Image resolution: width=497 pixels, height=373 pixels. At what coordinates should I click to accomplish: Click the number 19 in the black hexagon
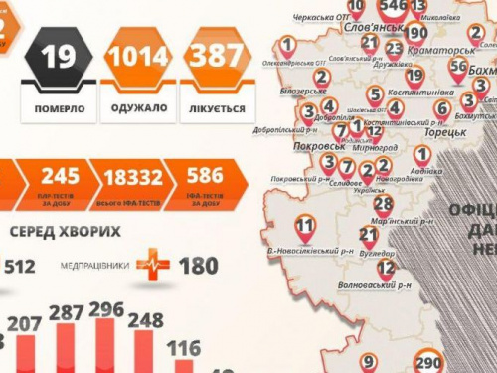[x=60, y=57]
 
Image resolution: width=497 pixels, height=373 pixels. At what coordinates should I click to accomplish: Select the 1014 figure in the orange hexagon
[x=138, y=57]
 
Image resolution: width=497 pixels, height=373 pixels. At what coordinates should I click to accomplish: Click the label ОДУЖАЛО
[x=137, y=107]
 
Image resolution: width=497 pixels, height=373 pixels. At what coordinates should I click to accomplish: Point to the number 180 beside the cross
[x=198, y=266]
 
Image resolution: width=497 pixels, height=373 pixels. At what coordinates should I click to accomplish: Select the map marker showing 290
[x=429, y=361]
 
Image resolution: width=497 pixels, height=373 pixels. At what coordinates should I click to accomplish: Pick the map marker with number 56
[x=457, y=68]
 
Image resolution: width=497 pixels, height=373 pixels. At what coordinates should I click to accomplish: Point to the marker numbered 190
[x=415, y=31]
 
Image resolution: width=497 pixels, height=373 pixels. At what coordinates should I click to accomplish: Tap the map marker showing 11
[x=305, y=224]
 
